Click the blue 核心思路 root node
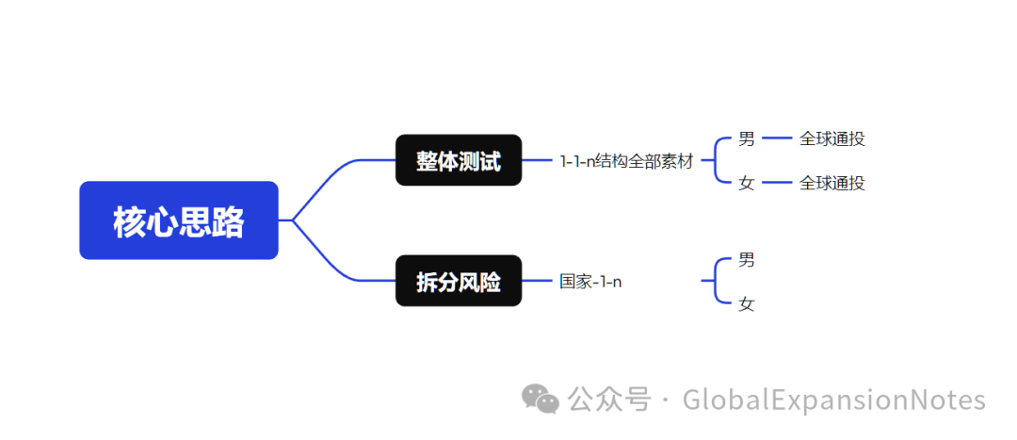pos(179,220)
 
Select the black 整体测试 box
pos(459,160)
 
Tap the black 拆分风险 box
pos(459,281)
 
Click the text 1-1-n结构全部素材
pos(626,161)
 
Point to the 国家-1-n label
pos(590,281)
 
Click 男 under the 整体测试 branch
pos(747,139)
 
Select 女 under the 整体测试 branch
pos(747,183)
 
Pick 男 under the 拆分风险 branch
pos(747,259)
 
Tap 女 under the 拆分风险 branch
pos(747,303)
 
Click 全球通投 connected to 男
pos(831,139)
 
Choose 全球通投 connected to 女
pos(831,183)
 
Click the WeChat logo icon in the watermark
pos(541,399)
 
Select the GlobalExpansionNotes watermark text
pos(833,399)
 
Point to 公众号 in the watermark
pos(609,399)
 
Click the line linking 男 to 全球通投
pos(777,138)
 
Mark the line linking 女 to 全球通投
pos(777,182)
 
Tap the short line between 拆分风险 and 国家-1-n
pos(537,281)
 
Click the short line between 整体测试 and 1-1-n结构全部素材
pos(537,160)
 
